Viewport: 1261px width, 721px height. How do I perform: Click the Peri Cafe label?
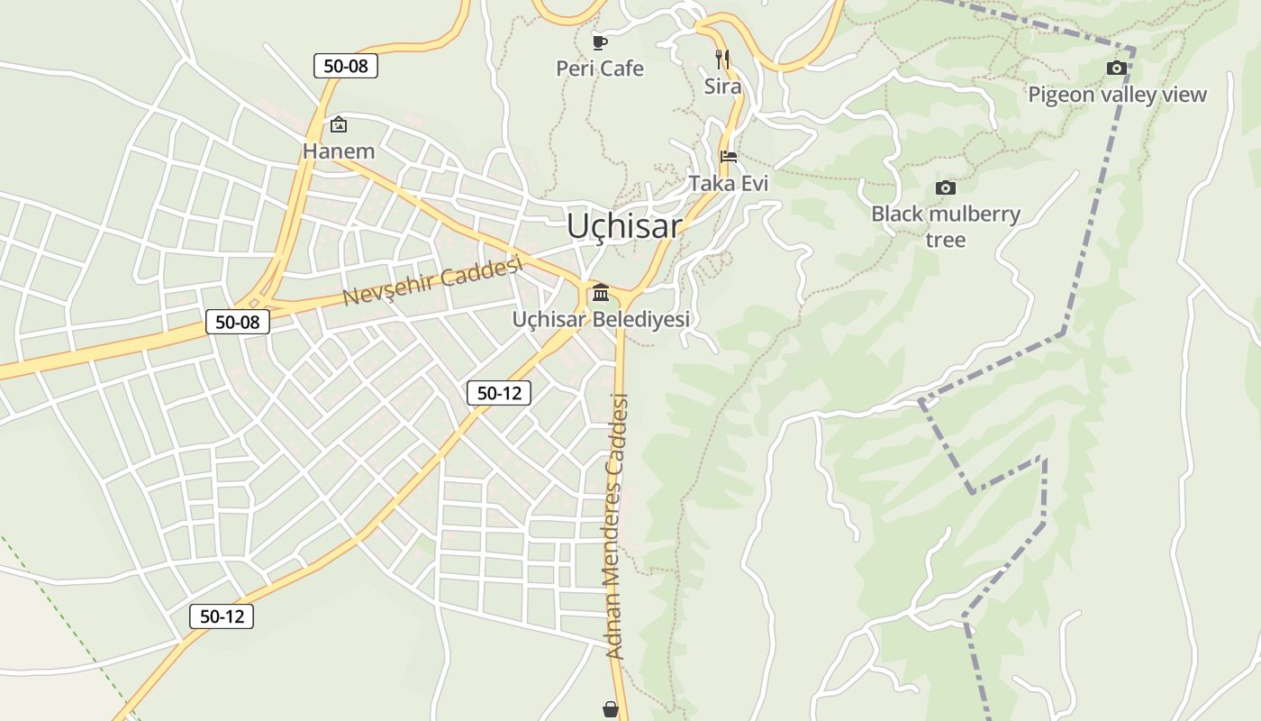click(x=600, y=68)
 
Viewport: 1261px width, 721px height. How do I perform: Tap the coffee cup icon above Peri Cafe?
click(x=600, y=41)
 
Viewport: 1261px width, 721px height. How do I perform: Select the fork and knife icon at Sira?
click(x=721, y=59)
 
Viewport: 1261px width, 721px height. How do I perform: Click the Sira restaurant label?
click(x=722, y=87)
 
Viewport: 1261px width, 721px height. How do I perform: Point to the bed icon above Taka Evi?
click(x=729, y=156)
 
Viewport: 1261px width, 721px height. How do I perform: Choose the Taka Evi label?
click(x=729, y=183)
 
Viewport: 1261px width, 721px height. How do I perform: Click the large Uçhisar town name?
click(x=623, y=226)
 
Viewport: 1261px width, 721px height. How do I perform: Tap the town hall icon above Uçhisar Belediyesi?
click(x=601, y=292)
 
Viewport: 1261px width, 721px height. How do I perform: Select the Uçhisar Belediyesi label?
click(x=601, y=319)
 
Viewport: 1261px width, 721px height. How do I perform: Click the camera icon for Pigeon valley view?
click(x=1116, y=68)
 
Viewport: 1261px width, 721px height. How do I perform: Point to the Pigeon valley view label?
click(x=1117, y=95)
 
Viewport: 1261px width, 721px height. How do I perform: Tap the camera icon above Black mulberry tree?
click(x=945, y=187)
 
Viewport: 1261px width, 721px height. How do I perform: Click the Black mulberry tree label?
click(x=946, y=226)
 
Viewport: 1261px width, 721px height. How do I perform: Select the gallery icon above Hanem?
click(x=339, y=124)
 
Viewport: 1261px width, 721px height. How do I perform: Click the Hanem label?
click(x=339, y=151)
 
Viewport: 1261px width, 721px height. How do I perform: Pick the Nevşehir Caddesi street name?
click(x=433, y=280)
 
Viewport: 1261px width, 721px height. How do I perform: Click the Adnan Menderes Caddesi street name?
click(x=617, y=526)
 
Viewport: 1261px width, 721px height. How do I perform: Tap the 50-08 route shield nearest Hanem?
click(x=346, y=66)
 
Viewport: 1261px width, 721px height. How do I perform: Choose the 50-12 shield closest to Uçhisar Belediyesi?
click(x=499, y=393)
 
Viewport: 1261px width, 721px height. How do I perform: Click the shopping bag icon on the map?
click(x=611, y=710)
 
